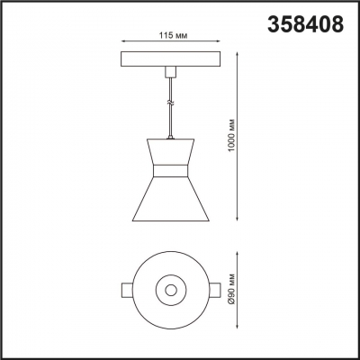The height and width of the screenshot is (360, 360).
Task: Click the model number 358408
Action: tap(304, 24)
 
